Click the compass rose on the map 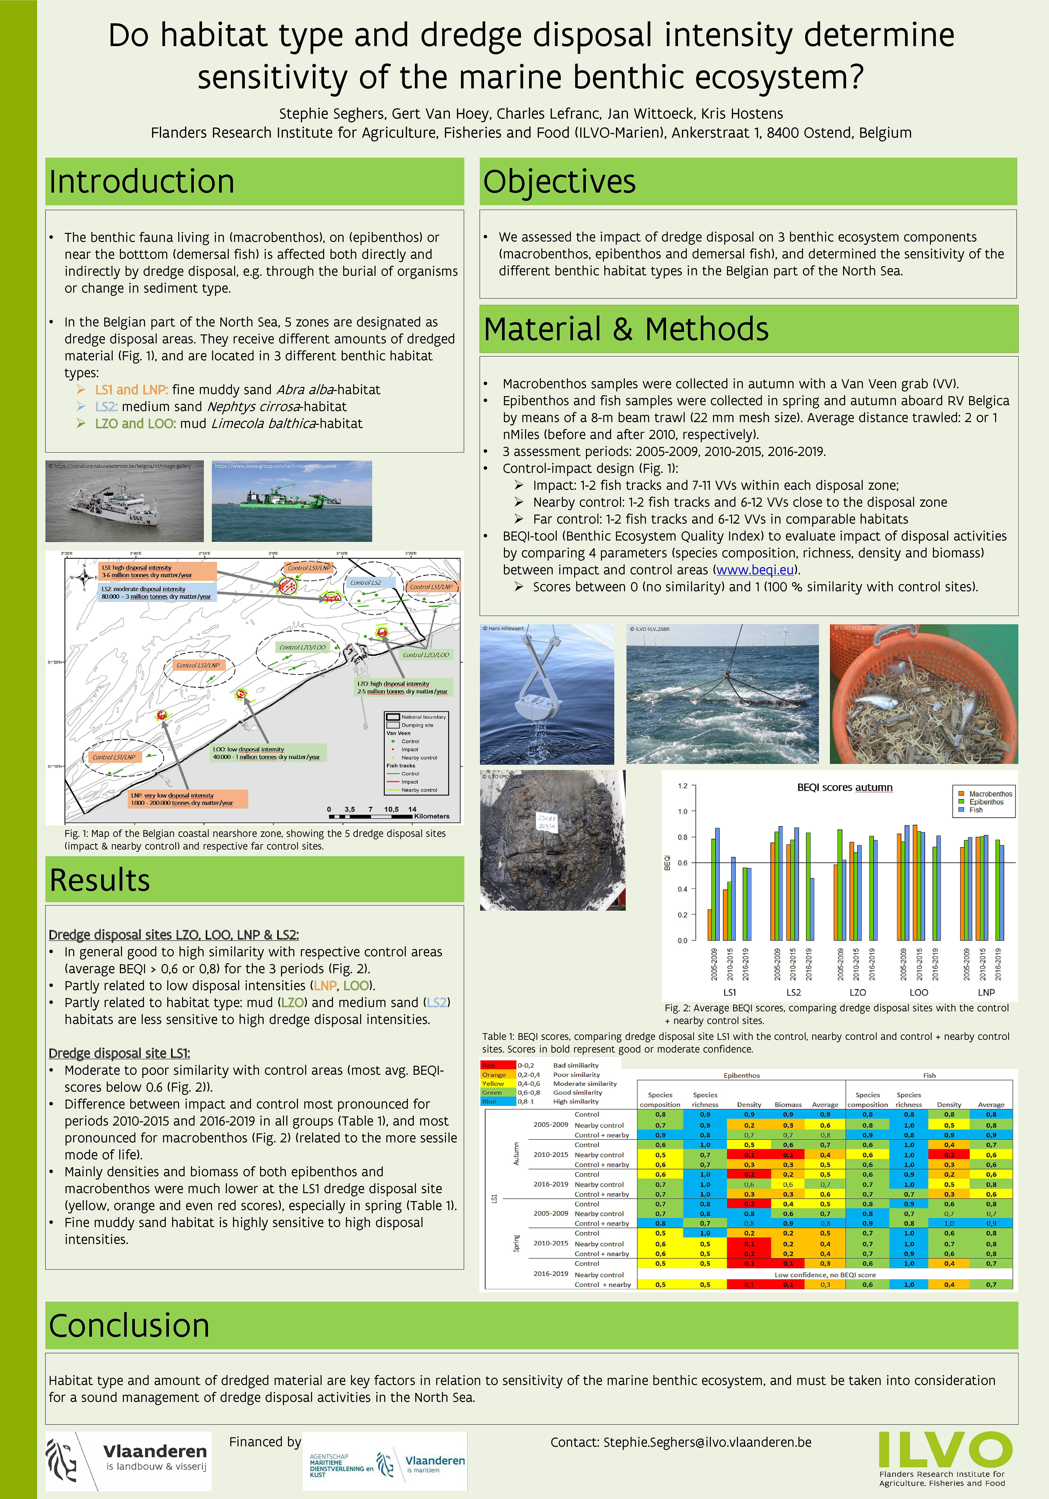tap(84, 577)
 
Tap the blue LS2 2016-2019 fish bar tap(812, 909)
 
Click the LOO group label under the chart tap(919, 992)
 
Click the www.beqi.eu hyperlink tap(755, 570)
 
